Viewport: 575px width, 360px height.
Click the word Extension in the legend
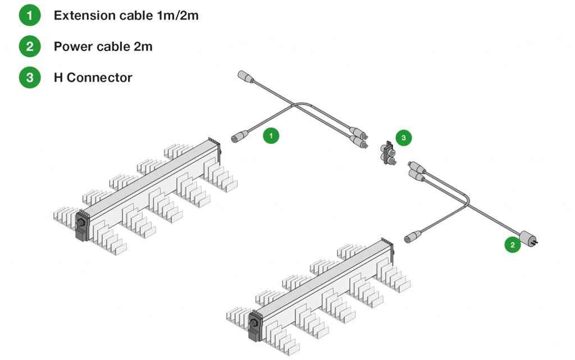click(85, 15)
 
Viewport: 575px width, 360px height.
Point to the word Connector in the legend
click(99, 78)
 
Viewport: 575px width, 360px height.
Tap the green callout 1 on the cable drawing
click(271, 135)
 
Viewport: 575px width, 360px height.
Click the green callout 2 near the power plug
click(512, 245)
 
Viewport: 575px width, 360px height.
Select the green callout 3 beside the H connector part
click(403, 138)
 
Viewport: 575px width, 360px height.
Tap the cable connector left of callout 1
click(240, 136)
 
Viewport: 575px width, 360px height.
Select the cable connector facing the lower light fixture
click(413, 238)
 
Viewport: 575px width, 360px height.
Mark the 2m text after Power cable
click(143, 46)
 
